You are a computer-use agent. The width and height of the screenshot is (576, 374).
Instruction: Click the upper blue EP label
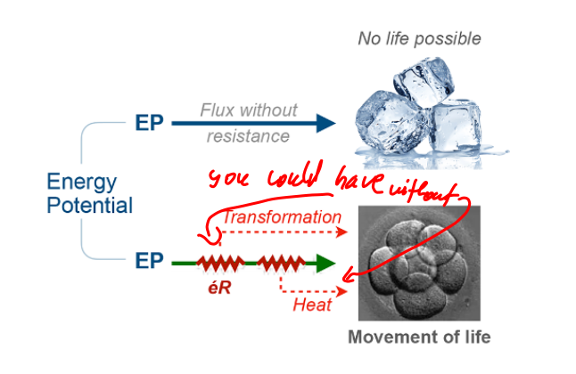coord(150,124)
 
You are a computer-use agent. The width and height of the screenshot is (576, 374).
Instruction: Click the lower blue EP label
coord(150,263)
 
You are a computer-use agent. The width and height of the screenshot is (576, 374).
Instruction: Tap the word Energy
coord(82,184)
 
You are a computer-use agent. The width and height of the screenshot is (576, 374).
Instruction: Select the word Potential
coord(90,206)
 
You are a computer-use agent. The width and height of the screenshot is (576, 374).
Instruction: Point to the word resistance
coord(249,136)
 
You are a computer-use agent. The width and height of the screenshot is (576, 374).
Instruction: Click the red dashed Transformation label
coord(282,216)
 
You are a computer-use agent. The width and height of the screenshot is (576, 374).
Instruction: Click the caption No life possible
coord(419,38)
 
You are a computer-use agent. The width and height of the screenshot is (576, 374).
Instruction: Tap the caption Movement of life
coord(419,337)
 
